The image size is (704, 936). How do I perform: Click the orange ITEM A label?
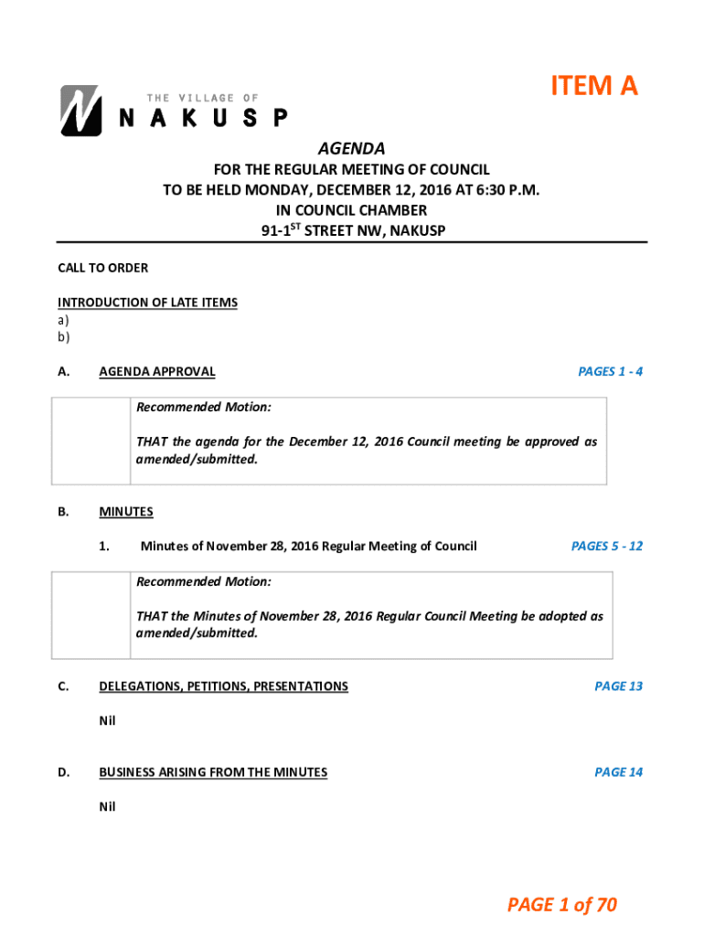593,86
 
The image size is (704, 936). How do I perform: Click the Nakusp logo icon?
80,112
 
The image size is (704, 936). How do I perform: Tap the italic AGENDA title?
351,148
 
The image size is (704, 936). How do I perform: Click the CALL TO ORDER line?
102,268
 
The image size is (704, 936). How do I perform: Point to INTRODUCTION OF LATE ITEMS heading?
147,303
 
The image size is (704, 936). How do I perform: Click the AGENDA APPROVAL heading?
156,371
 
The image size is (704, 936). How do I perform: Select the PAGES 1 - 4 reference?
610,371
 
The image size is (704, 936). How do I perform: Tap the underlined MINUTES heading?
126,512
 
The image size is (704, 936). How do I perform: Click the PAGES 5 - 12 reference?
606,546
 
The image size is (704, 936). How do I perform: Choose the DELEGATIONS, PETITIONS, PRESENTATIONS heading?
223,686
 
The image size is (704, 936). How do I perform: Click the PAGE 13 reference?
618,686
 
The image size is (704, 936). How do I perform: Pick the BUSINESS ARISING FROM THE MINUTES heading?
212,772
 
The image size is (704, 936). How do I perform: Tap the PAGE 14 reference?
618,772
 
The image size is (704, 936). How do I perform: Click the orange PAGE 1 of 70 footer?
562,905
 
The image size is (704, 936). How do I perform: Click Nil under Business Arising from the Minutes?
107,807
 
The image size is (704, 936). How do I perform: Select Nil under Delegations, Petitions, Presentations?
107,720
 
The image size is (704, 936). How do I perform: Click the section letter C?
62,686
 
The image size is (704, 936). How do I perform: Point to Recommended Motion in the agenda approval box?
203,407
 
